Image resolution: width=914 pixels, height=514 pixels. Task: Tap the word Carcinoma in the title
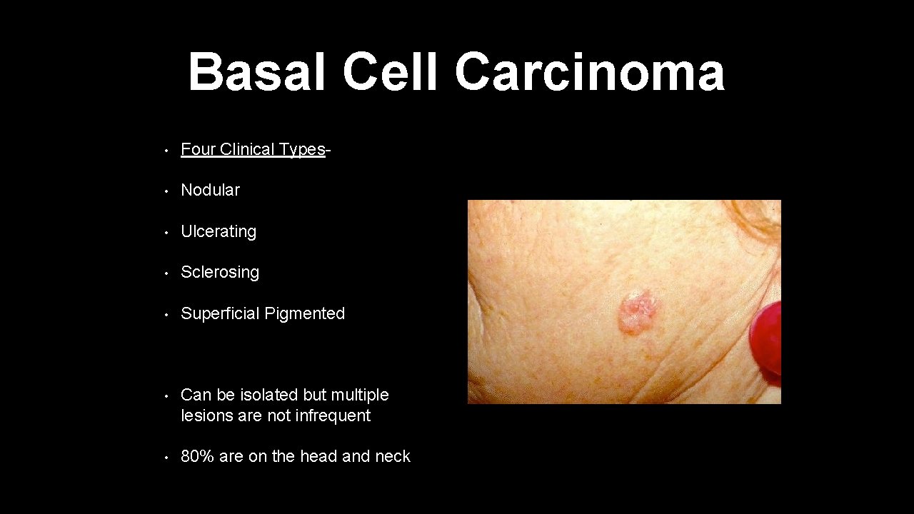(x=589, y=73)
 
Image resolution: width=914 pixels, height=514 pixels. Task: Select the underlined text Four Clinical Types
(x=253, y=149)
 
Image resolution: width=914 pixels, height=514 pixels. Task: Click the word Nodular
(x=210, y=190)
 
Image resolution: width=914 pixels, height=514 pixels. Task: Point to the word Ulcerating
(x=218, y=231)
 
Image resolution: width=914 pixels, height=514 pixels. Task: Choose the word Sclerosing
(x=220, y=272)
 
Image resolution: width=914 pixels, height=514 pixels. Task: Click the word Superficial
(x=220, y=313)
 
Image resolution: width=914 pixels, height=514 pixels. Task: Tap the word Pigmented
(x=305, y=313)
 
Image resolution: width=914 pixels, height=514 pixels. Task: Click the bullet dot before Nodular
(x=165, y=191)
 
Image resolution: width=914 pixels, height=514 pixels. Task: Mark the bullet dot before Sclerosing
(x=165, y=273)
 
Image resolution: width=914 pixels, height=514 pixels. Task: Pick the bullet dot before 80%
(x=165, y=457)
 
